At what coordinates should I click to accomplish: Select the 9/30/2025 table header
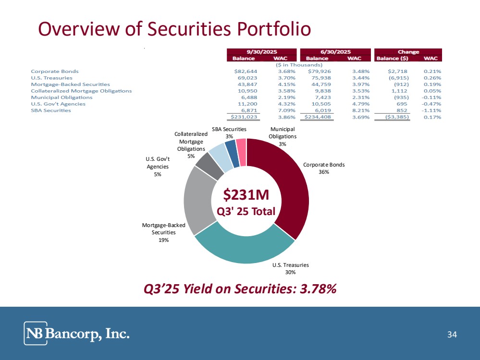point(262,52)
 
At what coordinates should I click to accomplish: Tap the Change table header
point(408,52)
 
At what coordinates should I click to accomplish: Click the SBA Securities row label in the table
point(51,110)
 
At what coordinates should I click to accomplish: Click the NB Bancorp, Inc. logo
point(77,333)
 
